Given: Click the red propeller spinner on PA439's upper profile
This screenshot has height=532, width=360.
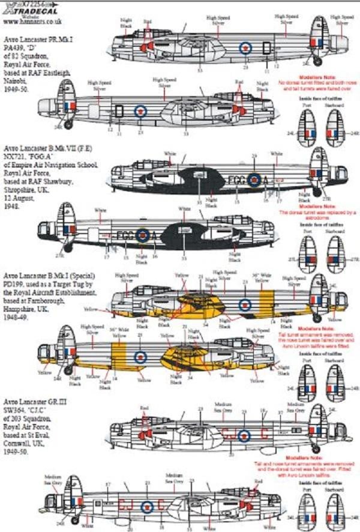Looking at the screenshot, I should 145,47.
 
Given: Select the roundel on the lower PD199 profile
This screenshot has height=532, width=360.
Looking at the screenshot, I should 140,357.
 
